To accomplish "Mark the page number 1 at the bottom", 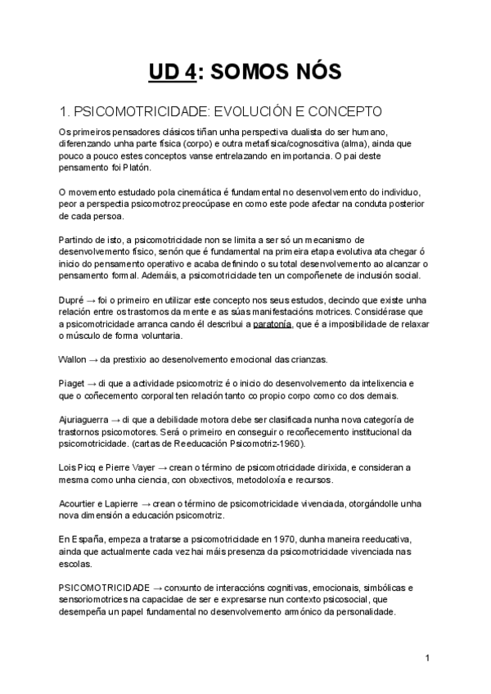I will click(x=428, y=658).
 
